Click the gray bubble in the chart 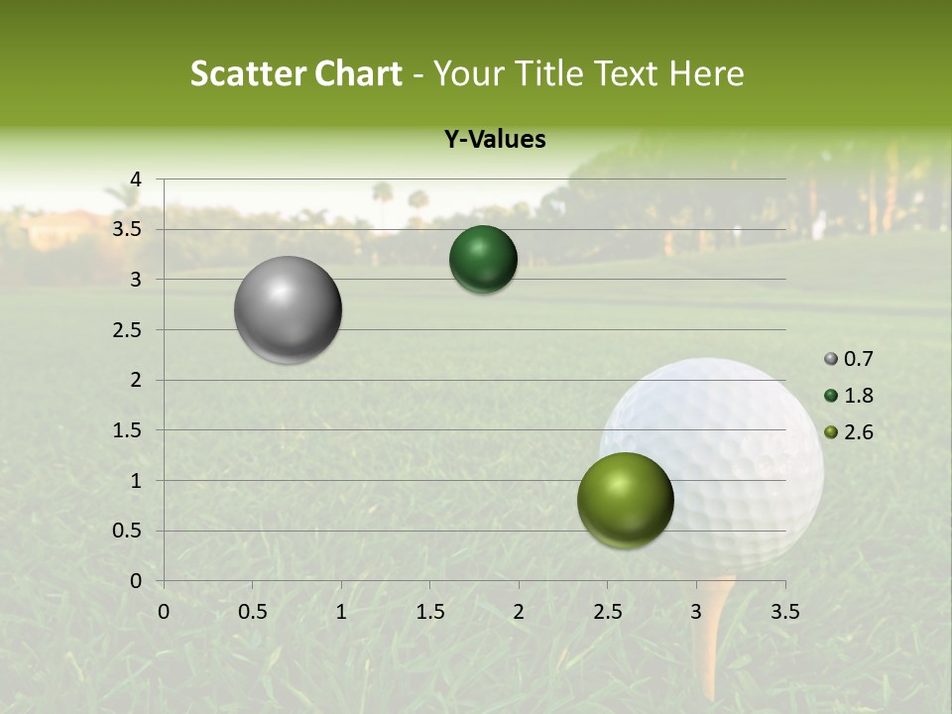pos(288,310)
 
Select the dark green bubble pos(483,260)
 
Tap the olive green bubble pos(625,500)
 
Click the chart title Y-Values pos(494,140)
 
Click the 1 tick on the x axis pos(341,612)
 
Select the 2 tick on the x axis pos(519,612)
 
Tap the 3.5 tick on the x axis pos(784,612)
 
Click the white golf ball pos(734,446)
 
